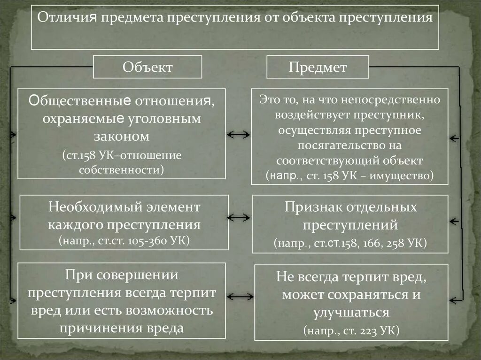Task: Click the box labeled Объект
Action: [147, 67]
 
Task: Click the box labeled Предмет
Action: [318, 67]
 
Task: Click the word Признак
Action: [309, 207]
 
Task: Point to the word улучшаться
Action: [351, 313]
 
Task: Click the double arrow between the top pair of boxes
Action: [238, 135]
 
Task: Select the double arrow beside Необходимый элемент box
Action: [239, 218]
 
